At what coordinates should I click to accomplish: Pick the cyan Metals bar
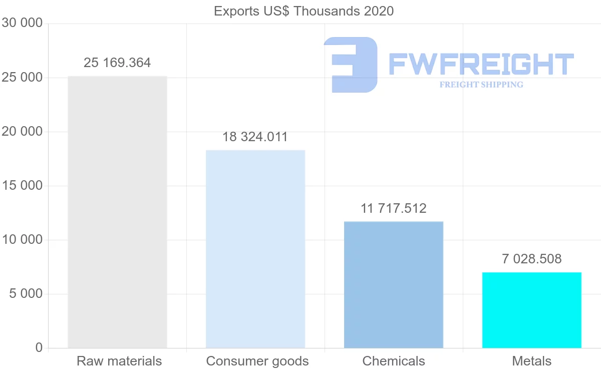[531, 310]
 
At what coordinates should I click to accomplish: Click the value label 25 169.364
[117, 63]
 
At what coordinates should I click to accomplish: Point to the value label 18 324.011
[255, 137]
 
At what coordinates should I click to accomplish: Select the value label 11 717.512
[394, 208]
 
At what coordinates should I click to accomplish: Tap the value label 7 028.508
[531, 259]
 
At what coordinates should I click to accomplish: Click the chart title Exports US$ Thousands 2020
[304, 11]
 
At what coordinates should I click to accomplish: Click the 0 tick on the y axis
[39, 347]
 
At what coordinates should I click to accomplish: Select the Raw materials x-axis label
[119, 361]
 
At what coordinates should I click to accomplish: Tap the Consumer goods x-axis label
[257, 361]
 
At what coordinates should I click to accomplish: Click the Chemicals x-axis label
[394, 361]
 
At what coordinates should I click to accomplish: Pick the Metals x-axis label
[531, 361]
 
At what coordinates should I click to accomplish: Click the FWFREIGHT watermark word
[481, 64]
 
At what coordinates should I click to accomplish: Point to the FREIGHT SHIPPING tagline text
[481, 85]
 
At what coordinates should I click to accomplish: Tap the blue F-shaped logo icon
[351, 64]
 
